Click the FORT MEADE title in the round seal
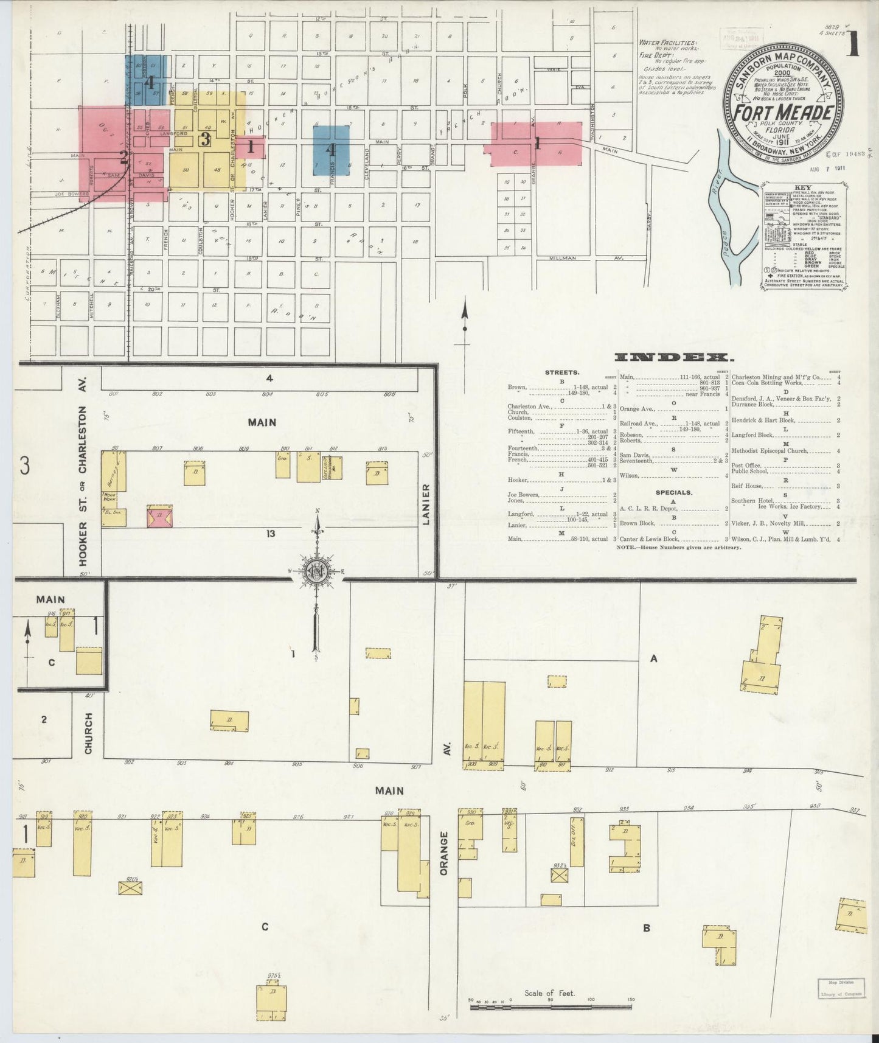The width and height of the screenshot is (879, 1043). pyautogui.click(x=782, y=113)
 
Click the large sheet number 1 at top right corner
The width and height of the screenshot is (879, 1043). pyautogui.click(x=854, y=44)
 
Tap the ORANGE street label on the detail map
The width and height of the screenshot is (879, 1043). pyautogui.click(x=444, y=853)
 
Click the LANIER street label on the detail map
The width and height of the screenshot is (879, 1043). pyautogui.click(x=426, y=504)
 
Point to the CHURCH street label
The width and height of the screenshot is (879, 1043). pyautogui.click(x=89, y=733)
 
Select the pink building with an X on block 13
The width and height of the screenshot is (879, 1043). pyautogui.click(x=160, y=517)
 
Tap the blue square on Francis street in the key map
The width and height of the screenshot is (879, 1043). pyautogui.click(x=332, y=150)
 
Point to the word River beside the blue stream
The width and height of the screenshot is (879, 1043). pyautogui.click(x=714, y=197)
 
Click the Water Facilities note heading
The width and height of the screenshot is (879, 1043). pyautogui.click(x=667, y=44)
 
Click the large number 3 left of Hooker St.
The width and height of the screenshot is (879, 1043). pyautogui.click(x=25, y=467)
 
